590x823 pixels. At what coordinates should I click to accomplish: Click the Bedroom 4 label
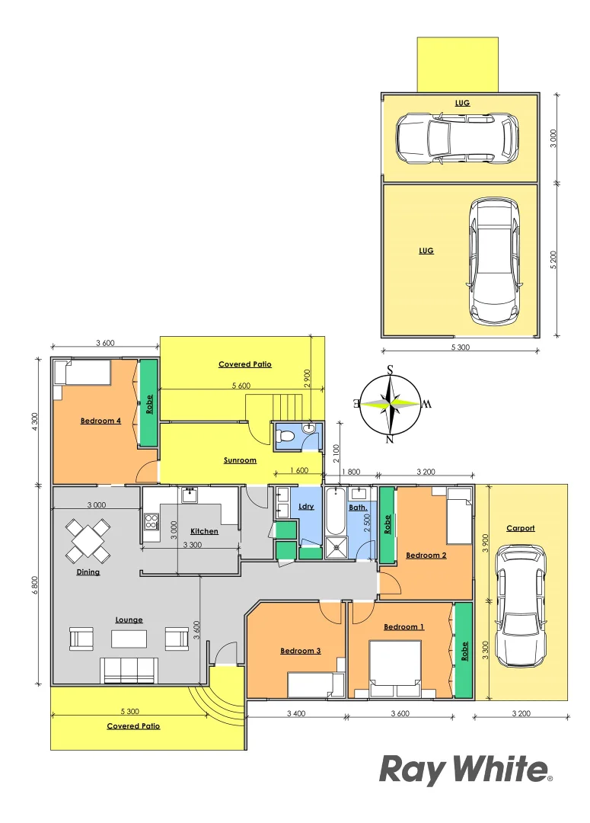(x=100, y=421)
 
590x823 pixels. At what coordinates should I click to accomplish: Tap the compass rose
(x=390, y=403)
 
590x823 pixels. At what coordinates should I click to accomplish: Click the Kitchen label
(x=204, y=531)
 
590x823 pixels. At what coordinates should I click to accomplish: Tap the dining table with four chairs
(x=88, y=540)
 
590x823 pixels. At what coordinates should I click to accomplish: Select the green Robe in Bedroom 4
(x=148, y=402)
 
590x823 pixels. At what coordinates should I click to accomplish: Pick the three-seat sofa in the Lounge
(x=129, y=671)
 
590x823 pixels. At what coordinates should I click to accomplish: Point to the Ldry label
(x=306, y=506)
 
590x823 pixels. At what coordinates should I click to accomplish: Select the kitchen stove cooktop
(x=151, y=522)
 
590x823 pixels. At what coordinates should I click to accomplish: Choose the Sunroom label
(x=240, y=460)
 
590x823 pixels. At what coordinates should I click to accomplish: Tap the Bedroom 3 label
(x=300, y=651)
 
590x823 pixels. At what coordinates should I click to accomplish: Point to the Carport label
(x=521, y=528)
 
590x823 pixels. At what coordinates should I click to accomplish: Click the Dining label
(x=88, y=572)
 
